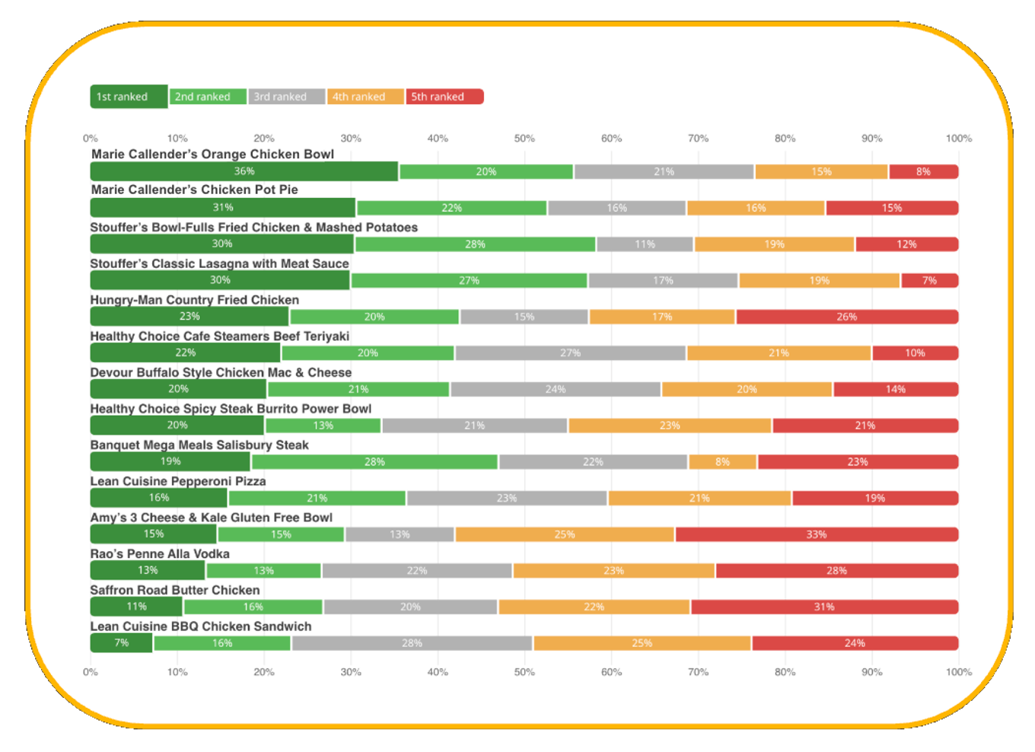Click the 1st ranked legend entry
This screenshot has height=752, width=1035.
point(129,97)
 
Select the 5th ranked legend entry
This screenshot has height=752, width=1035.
point(444,97)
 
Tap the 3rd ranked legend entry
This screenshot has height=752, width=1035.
point(286,97)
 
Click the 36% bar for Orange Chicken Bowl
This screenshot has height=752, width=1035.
point(244,171)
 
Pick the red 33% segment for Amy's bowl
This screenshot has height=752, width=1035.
point(816,534)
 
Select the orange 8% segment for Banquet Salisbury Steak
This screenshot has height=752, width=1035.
point(722,462)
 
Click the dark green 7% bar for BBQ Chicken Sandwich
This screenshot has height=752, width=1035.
point(121,643)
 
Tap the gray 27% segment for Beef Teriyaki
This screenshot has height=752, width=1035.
point(570,353)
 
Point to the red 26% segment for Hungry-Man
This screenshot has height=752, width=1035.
point(846,317)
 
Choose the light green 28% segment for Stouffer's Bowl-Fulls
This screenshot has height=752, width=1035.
point(475,244)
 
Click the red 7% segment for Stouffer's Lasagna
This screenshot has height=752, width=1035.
point(929,280)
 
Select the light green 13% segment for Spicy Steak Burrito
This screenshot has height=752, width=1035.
point(323,425)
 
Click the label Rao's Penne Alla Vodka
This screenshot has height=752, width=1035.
point(160,554)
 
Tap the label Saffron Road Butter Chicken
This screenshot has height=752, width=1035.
point(175,590)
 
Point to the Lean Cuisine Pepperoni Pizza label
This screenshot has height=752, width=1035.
point(178,481)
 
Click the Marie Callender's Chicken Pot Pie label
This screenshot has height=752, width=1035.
point(195,190)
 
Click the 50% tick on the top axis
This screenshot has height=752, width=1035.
point(524,139)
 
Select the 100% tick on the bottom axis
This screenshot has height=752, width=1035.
point(958,672)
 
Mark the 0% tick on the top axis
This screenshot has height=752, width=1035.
point(91,139)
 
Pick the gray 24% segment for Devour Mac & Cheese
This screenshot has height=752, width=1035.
point(555,390)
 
